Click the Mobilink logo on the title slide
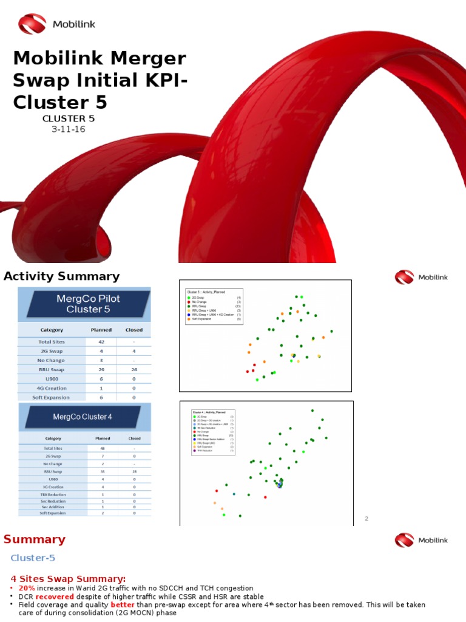pyautogui.click(x=56, y=24)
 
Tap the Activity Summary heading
pyautogui.click(x=62, y=276)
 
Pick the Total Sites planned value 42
pyautogui.click(x=101, y=342)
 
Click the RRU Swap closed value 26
pyautogui.click(x=133, y=369)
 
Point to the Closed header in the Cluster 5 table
pyautogui.click(x=133, y=330)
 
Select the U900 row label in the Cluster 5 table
pyautogui.click(x=52, y=378)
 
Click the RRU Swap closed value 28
pyautogui.click(x=133, y=471)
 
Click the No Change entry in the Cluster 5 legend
pyautogui.click(x=200, y=302)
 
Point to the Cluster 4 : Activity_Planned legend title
pyautogui.click(x=209, y=411)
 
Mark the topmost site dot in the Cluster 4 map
pyautogui.click(x=312, y=411)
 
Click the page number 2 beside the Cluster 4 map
pyautogui.click(x=366, y=518)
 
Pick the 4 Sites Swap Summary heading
pyautogui.click(x=68, y=578)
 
